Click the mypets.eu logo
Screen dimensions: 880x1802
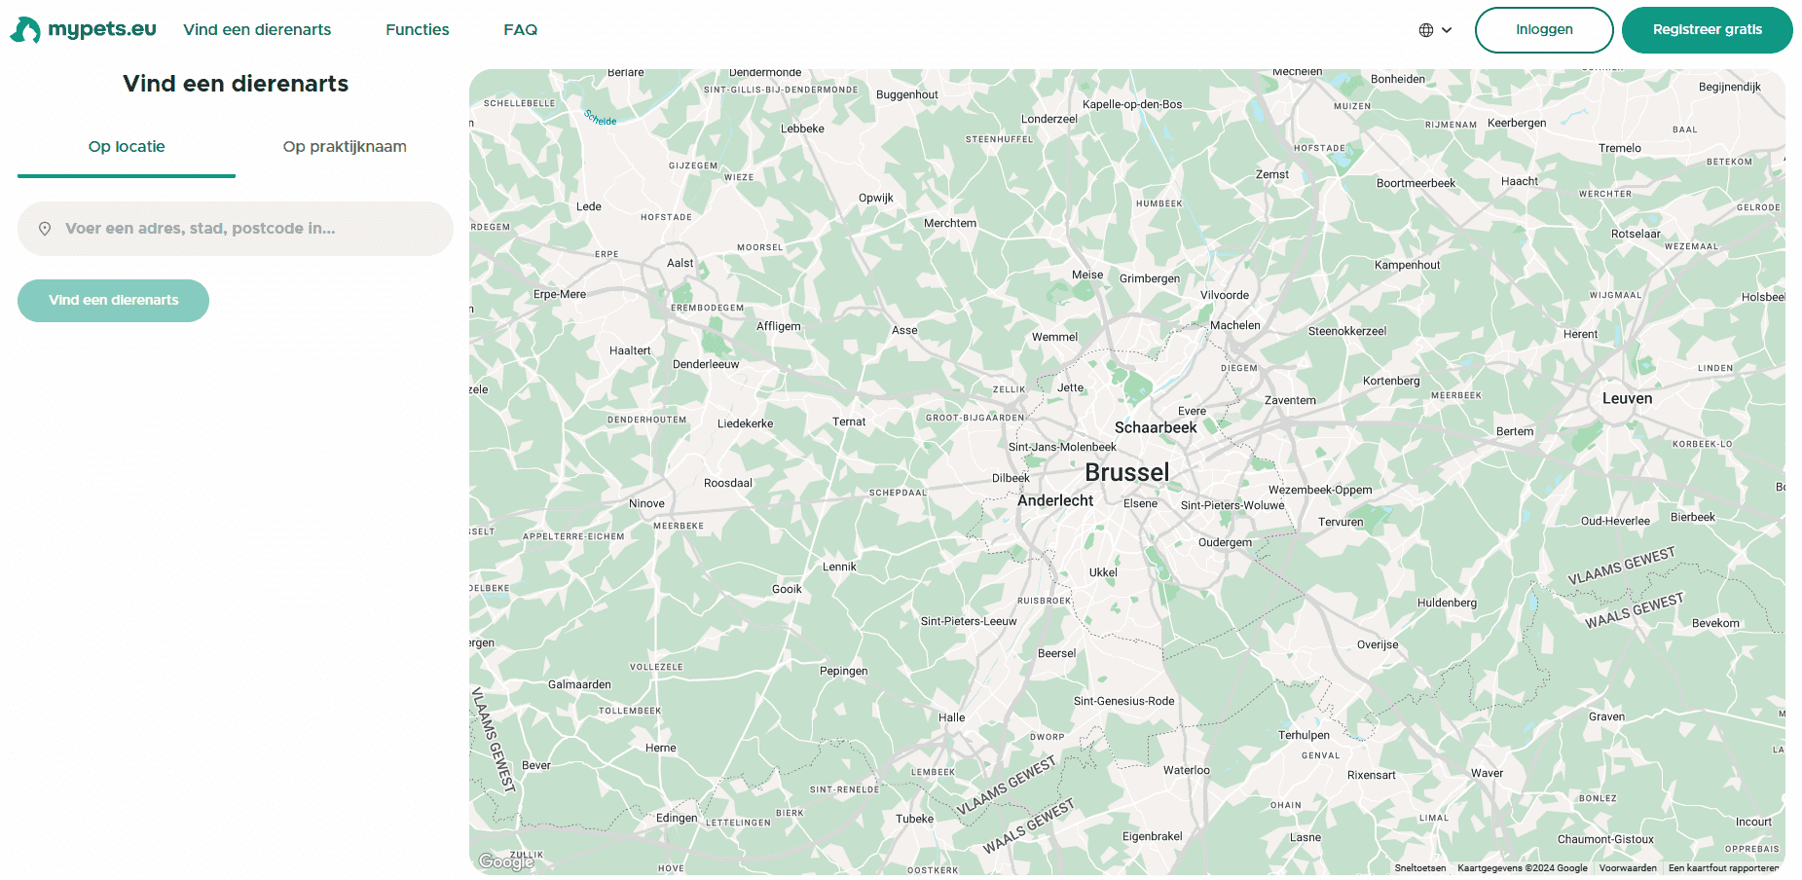pyautogui.click(x=84, y=29)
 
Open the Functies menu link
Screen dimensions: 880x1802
pyautogui.click(x=417, y=30)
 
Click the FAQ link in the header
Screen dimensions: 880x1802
pyautogui.click(x=520, y=30)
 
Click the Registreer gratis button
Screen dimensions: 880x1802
pyautogui.click(x=1707, y=30)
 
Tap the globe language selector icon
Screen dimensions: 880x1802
pyautogui.click(x=1426, y=30)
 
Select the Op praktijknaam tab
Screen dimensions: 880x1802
pyautogui.click(x=345, y=147)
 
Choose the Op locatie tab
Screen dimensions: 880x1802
pyautogui.click(x=127, y=147)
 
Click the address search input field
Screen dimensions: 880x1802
pyautogui.click(x=236, y=229)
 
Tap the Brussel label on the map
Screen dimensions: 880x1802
pyautogui.click(x=1126, y=473)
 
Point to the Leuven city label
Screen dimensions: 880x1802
pyautogui.click(x=1627, y=399)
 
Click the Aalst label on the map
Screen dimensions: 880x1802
pyautogui.click(x=680, y=264)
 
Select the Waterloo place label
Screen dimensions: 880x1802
pyautogui.click(x=1186, y=771)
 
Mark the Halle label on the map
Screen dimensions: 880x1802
pyautogui.click(x=951, y=718)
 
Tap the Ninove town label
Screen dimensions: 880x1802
pyautogui.click(x=646, y=504)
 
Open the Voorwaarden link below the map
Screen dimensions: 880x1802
pyautogui.click(x=1627, y=868)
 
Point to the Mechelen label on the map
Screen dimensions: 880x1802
pyautogui.click(x=1297, y=72)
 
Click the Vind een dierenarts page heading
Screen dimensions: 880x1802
pyautogui.click(x=236, y=84)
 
